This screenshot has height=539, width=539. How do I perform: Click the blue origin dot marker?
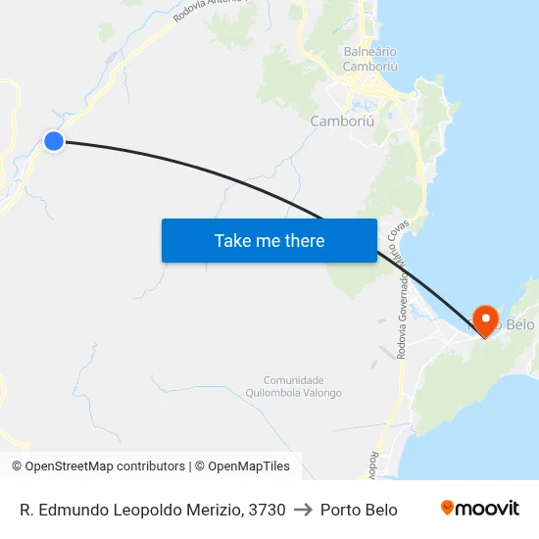pyautogui.click(x=54, y=141)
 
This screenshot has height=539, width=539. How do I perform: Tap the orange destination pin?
pyautogui.click(x=484, y=318)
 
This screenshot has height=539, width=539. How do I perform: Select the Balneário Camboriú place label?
pyautogui.click(x=369, y=59)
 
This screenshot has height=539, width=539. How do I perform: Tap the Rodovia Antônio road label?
pyautogui.click(x=206, y=11)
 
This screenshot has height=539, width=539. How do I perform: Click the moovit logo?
pyautogui.click(x=480, y=509)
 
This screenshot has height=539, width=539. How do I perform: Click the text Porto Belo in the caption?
pyautogui.click(x=359, y=510)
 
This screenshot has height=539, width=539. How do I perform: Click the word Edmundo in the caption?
pyautogui.click(x=71, y=510)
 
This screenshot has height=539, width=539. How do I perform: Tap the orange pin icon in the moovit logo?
pyautogui.click(x=448, y=508)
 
